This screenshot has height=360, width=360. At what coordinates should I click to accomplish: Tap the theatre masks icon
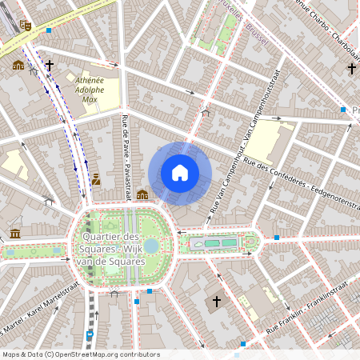pos(26,26)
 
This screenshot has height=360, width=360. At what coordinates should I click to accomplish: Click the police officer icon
pos(96,179)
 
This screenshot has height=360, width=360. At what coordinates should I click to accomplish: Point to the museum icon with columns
pos(15,234)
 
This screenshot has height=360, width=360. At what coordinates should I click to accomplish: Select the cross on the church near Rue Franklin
pos(215,302)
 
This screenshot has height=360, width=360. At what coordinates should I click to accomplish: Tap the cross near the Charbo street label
pos(351,70)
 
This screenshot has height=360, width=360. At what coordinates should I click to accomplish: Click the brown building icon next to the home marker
pos(142,194)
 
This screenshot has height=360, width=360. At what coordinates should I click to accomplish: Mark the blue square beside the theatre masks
pos(49,30)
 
